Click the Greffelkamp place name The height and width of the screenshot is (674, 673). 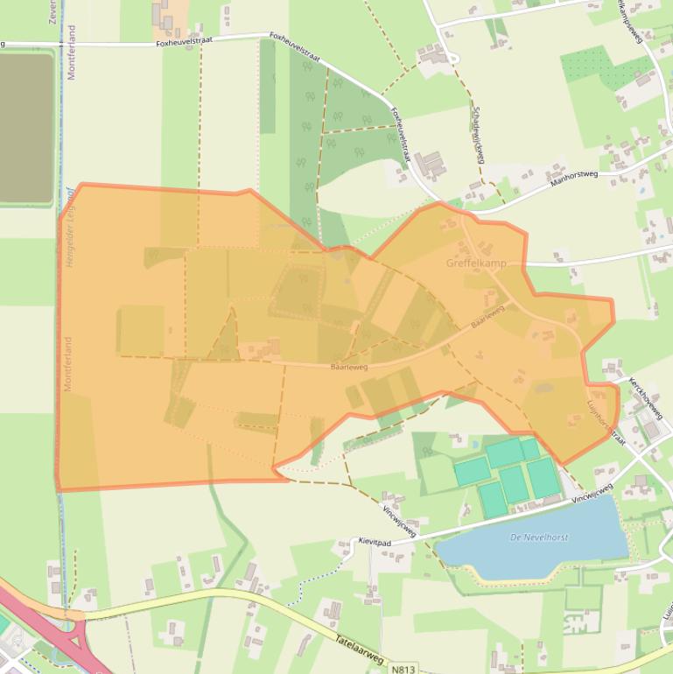point(476,263)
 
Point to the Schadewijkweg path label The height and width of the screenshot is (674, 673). point(477,136)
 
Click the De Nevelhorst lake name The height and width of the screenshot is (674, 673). point(539,537)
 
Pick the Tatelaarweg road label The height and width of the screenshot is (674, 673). point(359,648)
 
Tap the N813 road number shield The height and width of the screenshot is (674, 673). point(402,669)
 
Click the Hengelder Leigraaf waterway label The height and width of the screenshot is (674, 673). point(71,232)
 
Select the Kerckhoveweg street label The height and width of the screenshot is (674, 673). point(646,398)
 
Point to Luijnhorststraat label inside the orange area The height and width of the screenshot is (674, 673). point(606,422)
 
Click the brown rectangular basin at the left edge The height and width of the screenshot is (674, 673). point(26,127)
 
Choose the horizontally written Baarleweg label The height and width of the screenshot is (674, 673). point(349,368)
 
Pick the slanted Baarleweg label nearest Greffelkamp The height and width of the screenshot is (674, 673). point(487,316)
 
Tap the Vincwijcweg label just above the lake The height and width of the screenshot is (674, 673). point(592,493)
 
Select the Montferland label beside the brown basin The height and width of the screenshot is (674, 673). point(71,53)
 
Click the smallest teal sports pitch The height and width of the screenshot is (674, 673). point(529,448)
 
